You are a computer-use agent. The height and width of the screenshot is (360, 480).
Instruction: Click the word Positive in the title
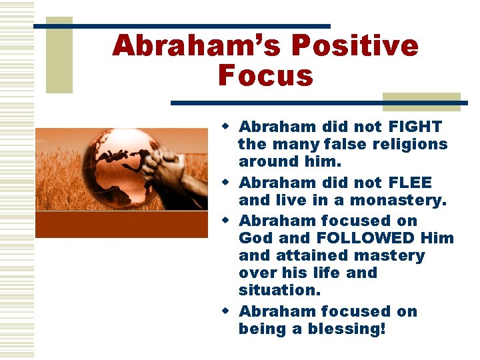pos(355,46)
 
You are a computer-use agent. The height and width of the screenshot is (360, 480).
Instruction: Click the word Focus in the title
pos(265,75)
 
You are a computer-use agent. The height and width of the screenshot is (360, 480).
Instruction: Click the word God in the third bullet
pos(255,238)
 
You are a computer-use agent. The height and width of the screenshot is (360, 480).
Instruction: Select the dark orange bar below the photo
pos(121,225)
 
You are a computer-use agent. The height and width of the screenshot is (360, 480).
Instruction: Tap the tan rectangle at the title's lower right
pos(421,101)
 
